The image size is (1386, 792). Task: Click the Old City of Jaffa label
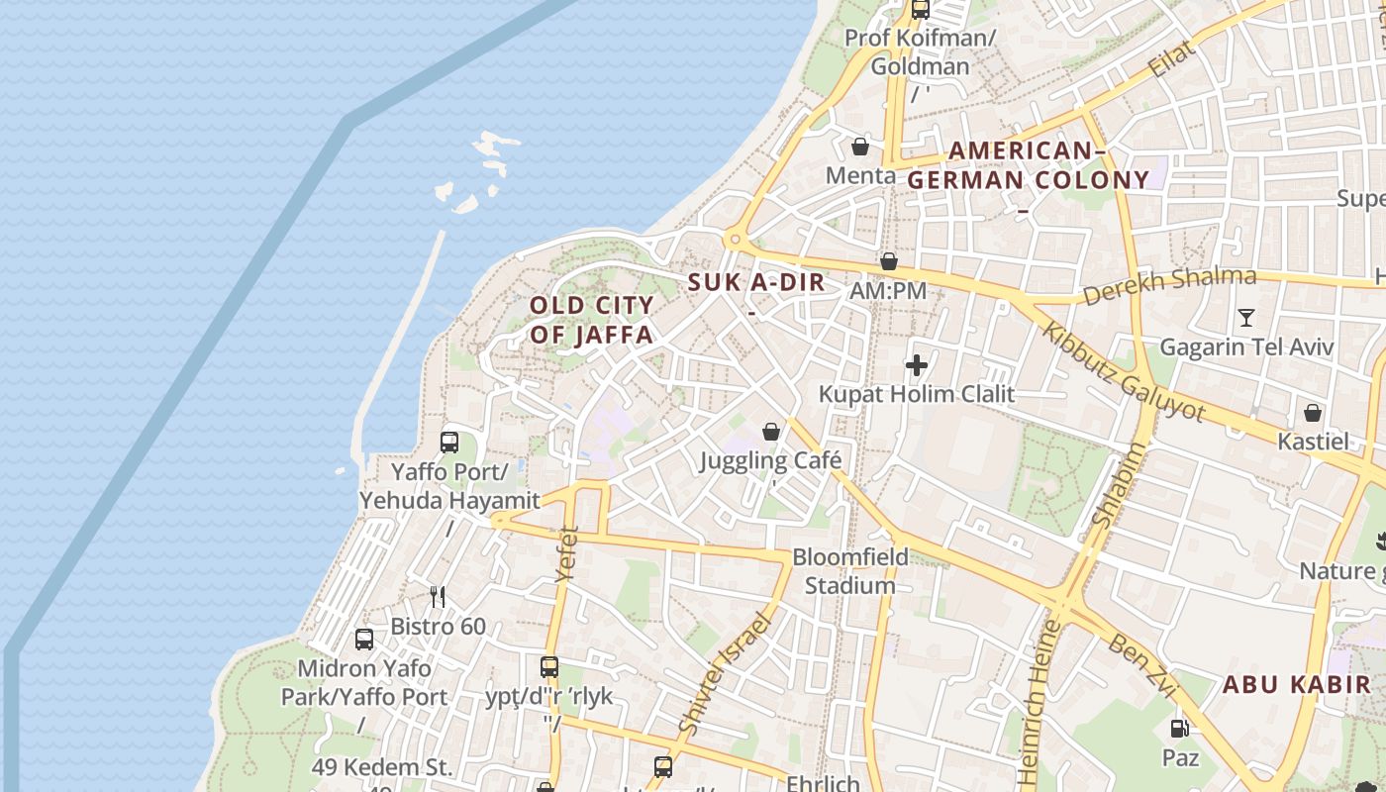592,320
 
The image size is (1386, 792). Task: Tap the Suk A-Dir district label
756,282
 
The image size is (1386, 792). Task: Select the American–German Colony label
1028,165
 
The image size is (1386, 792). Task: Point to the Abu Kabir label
1297,684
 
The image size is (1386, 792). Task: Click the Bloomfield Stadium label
850,571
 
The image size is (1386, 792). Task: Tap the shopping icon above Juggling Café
771,432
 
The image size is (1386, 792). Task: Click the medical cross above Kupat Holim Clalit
917,365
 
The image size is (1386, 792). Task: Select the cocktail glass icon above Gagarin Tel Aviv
1246,318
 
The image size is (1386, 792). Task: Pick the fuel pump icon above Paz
1180,729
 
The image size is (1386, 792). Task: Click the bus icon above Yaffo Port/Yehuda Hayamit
449,443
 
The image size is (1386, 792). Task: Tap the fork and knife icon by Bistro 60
438,596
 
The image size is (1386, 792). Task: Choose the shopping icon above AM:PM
889,261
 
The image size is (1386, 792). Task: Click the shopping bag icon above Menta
860,147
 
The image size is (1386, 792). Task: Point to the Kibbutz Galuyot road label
1124,372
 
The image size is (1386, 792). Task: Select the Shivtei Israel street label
726,673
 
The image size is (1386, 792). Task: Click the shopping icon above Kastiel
1313,412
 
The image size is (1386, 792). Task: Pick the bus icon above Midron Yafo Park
364,640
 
